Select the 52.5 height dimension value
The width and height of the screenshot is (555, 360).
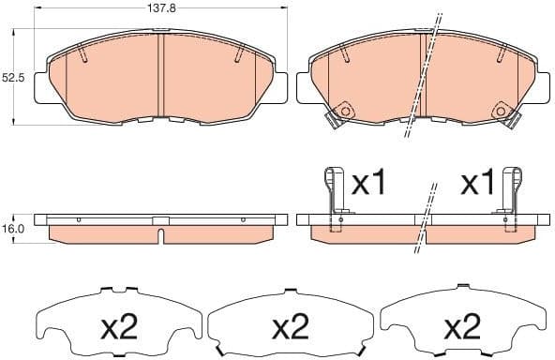(12, 78)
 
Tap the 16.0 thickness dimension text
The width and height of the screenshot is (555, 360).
(12, 228)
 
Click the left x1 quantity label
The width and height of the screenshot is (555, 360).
(368, 184)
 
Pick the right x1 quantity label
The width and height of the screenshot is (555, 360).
(477, 184)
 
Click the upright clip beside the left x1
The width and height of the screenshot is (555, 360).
(333, 197)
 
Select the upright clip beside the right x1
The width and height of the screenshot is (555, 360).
(512, 197)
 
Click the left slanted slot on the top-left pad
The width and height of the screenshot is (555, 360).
(82, 55)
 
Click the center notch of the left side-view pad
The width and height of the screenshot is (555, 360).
(160, 224)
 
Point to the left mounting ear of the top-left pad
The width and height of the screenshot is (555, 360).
(41, 88)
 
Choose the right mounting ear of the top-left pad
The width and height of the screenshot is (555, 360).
(279, 88)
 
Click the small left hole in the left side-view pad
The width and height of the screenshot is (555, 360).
(80, 219)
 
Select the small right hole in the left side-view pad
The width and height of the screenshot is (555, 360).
(242, 219)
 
